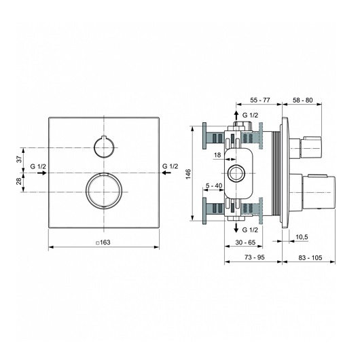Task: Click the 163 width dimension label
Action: tap(103, 242)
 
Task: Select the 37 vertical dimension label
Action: tap(20, 159)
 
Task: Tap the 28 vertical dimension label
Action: tap(20, 181)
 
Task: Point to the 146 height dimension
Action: tap(188, 174)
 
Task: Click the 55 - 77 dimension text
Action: tap(260, 100)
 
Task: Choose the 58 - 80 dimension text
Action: tap(303, 100)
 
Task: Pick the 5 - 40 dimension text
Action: tap(214, 185)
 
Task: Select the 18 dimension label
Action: tap(217, 155)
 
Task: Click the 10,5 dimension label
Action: tap(302, 237)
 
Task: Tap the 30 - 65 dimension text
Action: tap(245, 242)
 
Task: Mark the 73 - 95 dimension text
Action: tap(255, 257)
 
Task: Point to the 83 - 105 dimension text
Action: tap(310, 257)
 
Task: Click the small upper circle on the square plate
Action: tap(94, 147)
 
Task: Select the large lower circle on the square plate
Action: tap(86, 191)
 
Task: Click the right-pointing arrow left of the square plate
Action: tap(42, 173)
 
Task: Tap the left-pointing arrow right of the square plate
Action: tap(166, 173)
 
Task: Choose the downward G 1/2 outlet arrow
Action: tap(236, 227)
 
